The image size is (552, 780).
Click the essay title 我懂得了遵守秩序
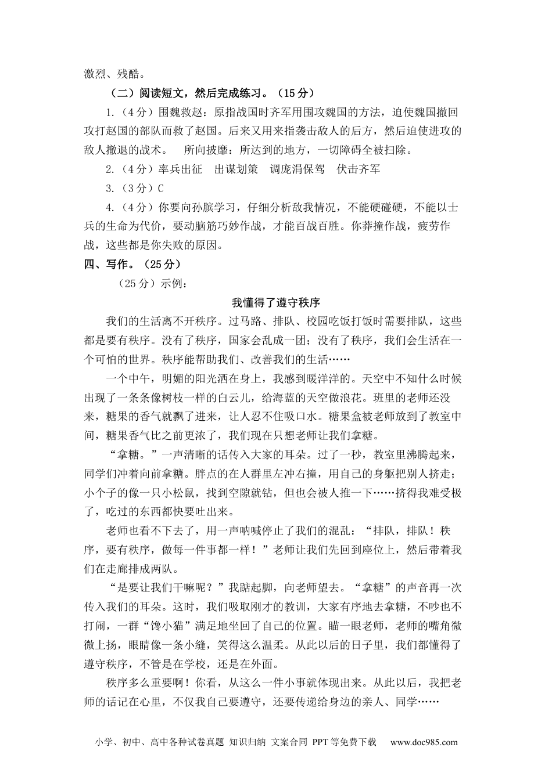(x=276, y=302)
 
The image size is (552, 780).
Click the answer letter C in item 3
(x=161, y=188)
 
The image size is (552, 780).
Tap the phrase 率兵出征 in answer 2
(x=180, y=169)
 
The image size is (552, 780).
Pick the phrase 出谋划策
(x=236, y=169)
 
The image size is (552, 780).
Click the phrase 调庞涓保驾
(x=297, y=169)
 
